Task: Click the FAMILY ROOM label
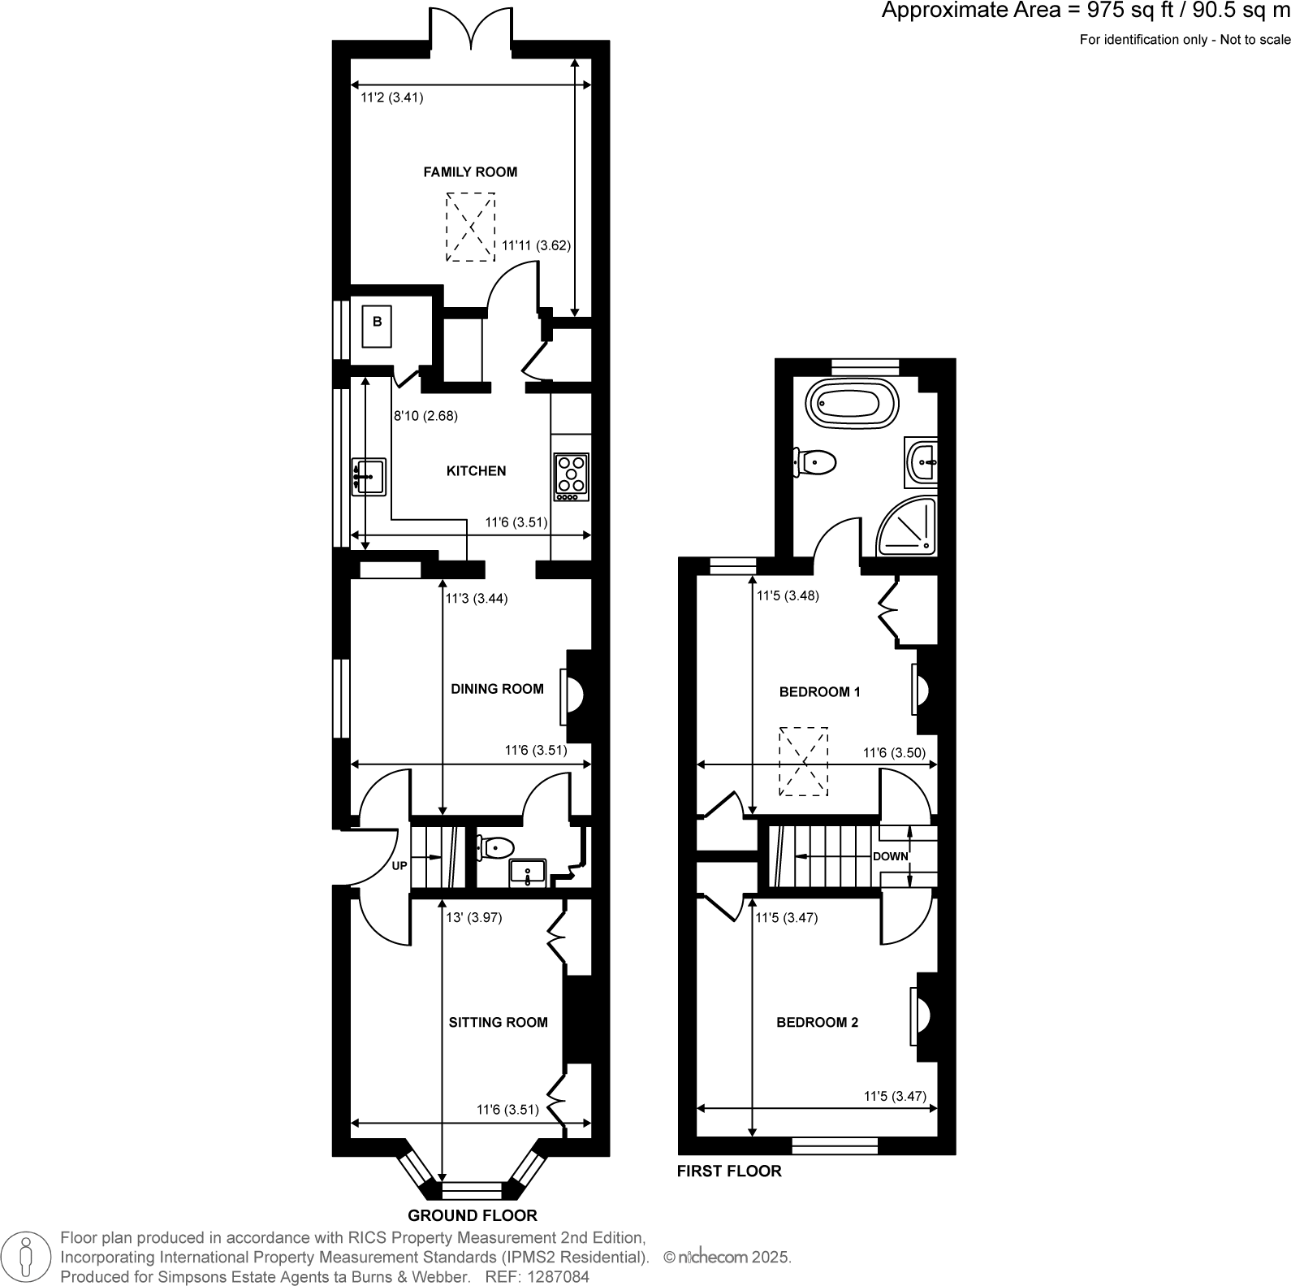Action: pos(470,171)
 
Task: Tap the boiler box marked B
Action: pos(377,323)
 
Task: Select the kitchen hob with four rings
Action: pos(571,477)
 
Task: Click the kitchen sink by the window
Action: pos(368,476)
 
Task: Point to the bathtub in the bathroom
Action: pos(852,402)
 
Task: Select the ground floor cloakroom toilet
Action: pos(495,848)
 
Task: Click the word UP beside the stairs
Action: pos(399,866)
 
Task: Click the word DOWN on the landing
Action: pos(890,856)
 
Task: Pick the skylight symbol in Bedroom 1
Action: pos(804,761)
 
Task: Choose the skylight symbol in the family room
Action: pos(470,227)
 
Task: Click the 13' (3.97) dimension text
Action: pos(474,918)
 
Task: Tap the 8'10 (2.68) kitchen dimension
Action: pos(425,416)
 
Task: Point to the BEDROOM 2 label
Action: pos(817,1022)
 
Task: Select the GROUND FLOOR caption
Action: pos(472,1215)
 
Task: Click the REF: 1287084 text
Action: pos(537,1277)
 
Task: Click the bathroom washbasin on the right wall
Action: pos(923,462)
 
